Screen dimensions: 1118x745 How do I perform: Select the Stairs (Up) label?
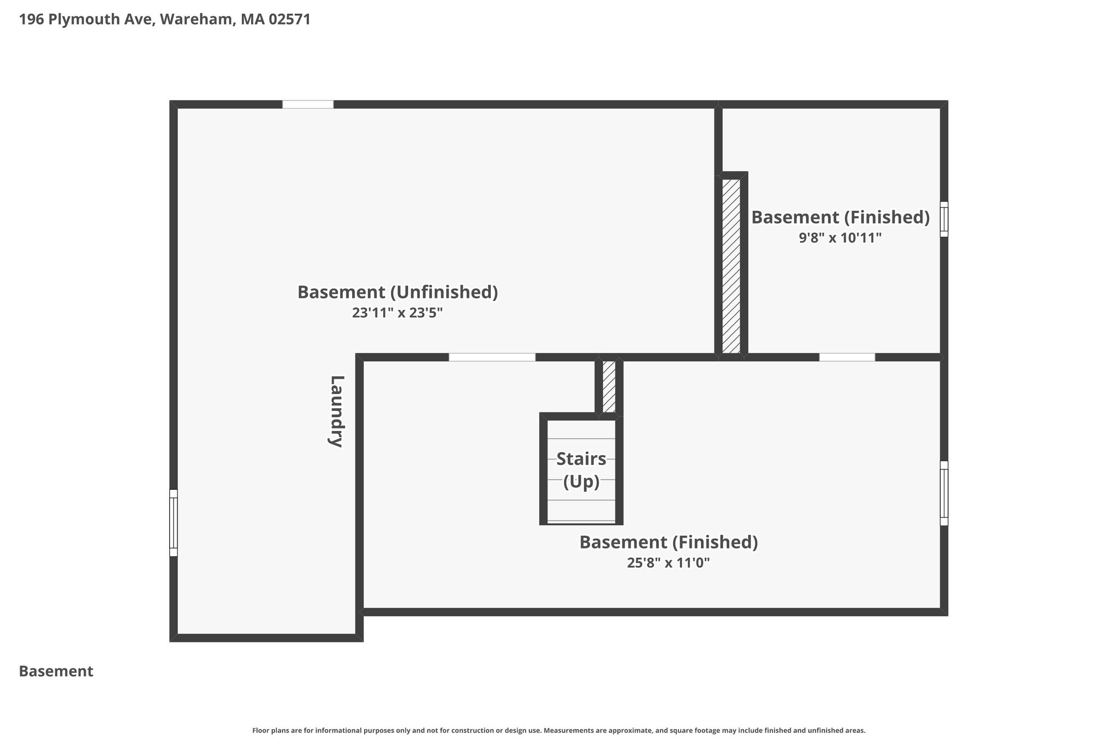pos(581,470)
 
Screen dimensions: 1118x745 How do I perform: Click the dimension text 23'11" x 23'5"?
pos(397,313)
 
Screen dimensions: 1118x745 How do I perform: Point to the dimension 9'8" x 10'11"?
pos(841,238)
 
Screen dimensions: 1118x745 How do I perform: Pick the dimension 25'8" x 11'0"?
pos(669,563)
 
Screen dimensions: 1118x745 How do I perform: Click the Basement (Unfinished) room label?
pos(397,292)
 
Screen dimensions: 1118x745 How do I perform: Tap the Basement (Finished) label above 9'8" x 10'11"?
pos(841,217)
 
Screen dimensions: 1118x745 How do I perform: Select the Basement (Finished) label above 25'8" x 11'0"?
pos(669,543)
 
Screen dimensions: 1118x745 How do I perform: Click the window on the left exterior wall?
pos(174,523)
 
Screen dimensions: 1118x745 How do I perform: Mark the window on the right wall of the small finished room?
pos(944,219)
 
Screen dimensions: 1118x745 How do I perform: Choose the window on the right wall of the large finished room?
pos(944,493)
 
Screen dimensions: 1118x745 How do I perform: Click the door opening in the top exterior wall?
pos(308,105)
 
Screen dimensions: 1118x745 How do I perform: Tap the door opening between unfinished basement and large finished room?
pos(492,357)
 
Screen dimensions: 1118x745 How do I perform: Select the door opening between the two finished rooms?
pos(847,357)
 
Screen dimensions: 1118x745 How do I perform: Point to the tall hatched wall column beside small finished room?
pos(732,266)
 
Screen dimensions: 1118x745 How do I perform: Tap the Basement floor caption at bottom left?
pos(56,671)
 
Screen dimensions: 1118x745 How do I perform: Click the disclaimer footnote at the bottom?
pos(559,730)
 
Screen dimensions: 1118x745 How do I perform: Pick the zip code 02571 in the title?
pos(289,20)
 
